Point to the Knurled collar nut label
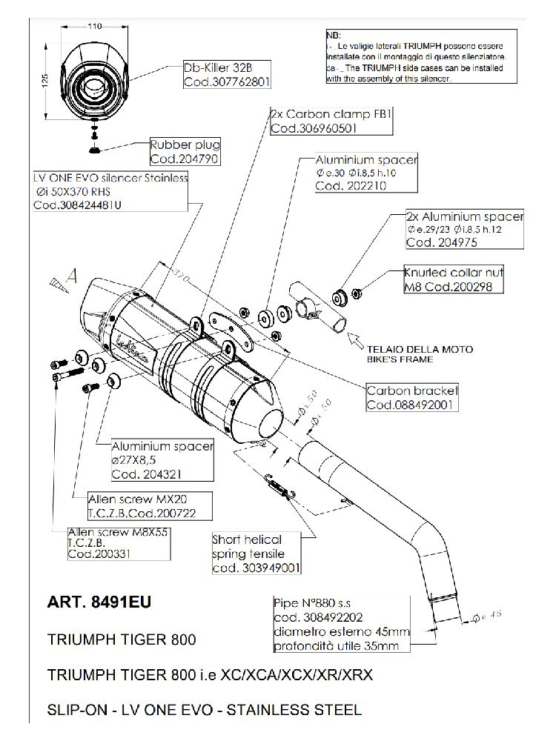tap(447, 270)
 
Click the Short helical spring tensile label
tap(248, 547)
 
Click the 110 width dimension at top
tap(93, 27)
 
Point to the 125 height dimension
tap(44, 80)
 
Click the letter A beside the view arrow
tap(72, 276)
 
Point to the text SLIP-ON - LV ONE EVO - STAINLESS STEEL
tap(204, 710)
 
